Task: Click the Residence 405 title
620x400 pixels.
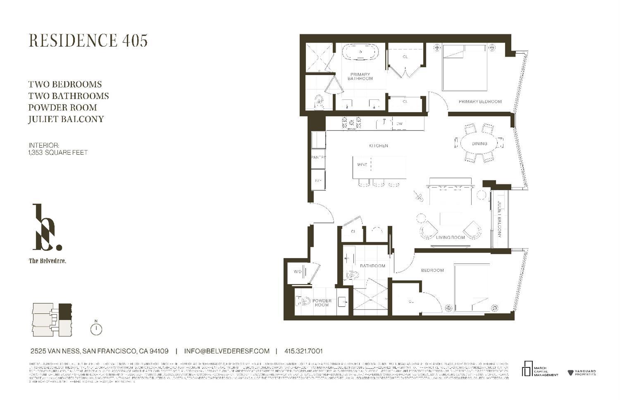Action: point(88,40)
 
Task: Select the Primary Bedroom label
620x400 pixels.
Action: point(480,102)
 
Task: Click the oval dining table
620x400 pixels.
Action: point(479,144)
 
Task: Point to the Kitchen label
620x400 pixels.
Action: point(378,146)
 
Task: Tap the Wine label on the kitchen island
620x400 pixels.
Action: point(362,165)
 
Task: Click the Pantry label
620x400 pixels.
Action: point(318,157)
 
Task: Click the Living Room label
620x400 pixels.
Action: point(450,237)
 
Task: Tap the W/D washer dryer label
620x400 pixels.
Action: point(298,272)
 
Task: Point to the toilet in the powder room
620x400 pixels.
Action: point(302,301)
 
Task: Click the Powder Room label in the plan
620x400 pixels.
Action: point(322,303)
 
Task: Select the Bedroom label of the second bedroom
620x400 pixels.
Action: point(432,270)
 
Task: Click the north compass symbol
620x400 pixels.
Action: point(96,329)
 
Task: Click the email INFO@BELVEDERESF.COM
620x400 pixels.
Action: point(227,351)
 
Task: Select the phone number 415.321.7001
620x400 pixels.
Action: point(303,351)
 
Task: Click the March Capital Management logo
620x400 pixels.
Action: point(539,369)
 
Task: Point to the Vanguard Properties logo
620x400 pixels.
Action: point(582,373)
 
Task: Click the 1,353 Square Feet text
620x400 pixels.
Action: point(58,152)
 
